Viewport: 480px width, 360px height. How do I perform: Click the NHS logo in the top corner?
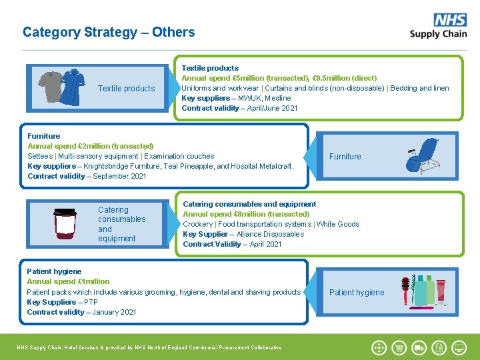click(450, 20)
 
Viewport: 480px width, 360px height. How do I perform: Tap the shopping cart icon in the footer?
click(399, 347)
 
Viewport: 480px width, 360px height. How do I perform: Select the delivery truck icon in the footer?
click(419, 347)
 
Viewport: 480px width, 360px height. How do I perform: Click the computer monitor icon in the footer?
click(459, 347)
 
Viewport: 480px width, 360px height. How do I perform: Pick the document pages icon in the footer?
click(439, 347)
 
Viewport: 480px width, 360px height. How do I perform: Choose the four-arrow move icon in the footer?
click(379, 347)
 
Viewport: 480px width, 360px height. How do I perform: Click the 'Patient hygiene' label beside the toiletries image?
click(357, 293)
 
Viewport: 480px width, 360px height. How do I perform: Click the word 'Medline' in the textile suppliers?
click(277, 98)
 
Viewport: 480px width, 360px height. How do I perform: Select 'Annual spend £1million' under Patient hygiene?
click(68, 281)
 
